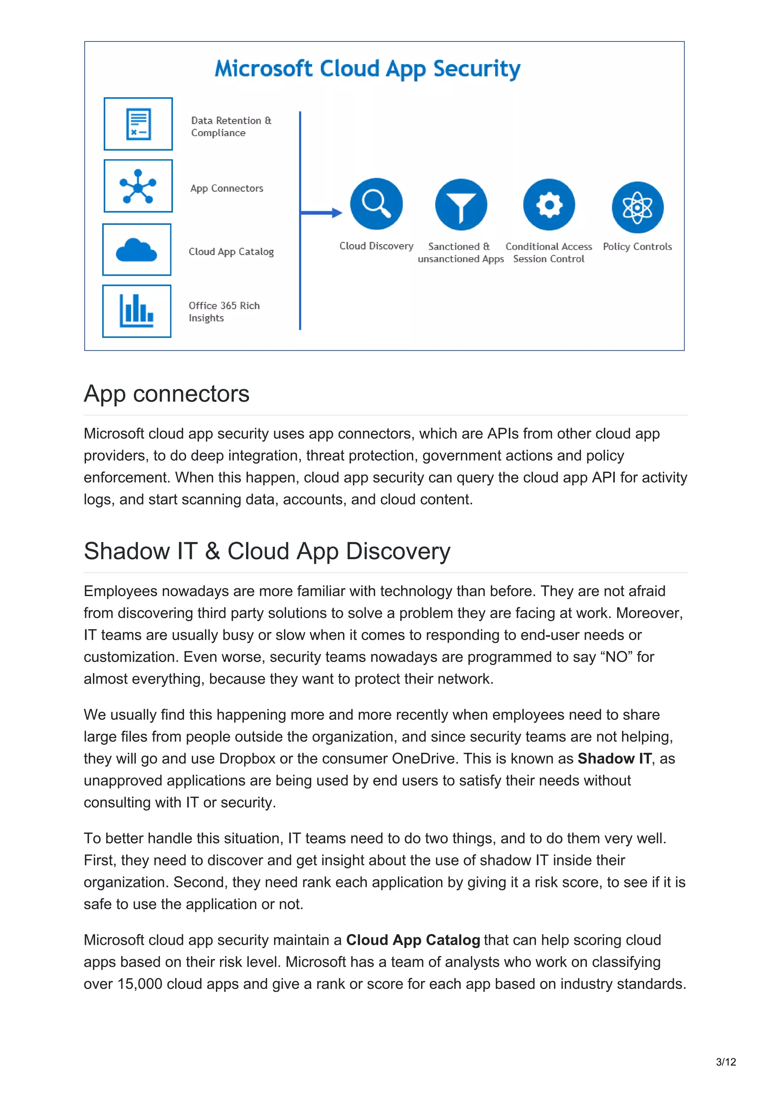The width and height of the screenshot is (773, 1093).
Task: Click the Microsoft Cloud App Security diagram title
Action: click(367, 69)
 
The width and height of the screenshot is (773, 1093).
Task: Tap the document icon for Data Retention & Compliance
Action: click(138, 124)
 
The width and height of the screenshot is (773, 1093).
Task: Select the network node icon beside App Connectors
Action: click(138, 186)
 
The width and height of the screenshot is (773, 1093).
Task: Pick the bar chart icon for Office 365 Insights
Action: click(137, 311)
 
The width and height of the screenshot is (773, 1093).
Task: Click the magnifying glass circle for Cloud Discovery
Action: click(376, 204)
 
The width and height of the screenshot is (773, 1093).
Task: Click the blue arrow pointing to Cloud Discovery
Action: click(322, 213)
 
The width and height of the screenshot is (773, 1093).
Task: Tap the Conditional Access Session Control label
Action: click(549, 253)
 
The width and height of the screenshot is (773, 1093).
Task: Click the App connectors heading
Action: click(167, 394)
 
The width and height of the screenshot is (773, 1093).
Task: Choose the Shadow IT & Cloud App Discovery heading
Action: click(267, 551)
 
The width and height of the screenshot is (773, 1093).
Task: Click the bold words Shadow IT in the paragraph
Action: click(614, 759)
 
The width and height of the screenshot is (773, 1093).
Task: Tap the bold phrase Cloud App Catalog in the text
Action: click(413, 940)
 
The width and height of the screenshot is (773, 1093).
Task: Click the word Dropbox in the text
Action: click(247, 759)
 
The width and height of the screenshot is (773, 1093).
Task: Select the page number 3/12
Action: click(725, 1062)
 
